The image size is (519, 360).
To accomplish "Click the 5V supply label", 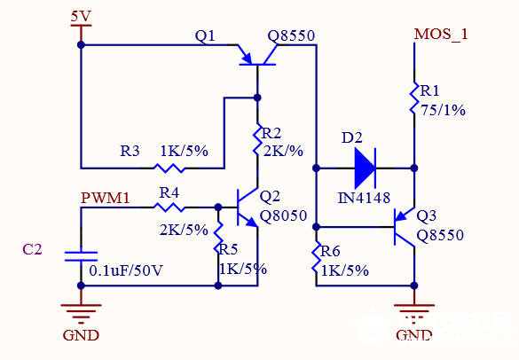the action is pyautogui.click(x=81, y=16).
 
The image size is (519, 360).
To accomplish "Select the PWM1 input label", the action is pyautogui.click(x=106, y=198).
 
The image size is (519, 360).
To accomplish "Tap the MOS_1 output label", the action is pyautogui.click(x=441, y=34).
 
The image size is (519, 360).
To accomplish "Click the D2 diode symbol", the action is pyautogui.click(x=366, y=168).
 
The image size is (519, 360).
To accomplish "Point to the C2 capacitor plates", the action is pyautogui.click(x=81, y=256).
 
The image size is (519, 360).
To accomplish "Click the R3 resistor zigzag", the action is pyautogui.click(x=169, y=168).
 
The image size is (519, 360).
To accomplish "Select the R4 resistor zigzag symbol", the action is pyautogui.click(x=169, y=207).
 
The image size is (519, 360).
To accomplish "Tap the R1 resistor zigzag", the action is pyautogui.click(x=413, y=98).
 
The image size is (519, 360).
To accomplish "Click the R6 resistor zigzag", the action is pyautogui.click(x=316, y=257).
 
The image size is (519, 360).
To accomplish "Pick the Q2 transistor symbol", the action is pyautogui.click(x=247, y=207).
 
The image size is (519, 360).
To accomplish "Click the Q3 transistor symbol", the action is pyautogui.click(x=405, y=227).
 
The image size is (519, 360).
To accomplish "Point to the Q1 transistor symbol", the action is pyautogui.click(x=257, y=56).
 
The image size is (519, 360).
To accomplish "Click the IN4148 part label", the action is pyautogui.click(x=364, y=198).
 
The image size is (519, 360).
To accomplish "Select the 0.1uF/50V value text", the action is pyautogui.click(x=126, y=270).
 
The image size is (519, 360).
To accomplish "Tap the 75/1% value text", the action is pyautogui.click(x=443, y=110).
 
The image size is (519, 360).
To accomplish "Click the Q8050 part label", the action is pyautogui.click(x=283, y=215).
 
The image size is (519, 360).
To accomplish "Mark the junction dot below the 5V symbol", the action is pyautogui.click(x=81, y=44).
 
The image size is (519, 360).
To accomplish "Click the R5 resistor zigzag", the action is pyautogui.click(x=218, y=238).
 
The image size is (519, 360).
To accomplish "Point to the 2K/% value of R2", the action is pyautogui.click(x=283, y=152).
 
